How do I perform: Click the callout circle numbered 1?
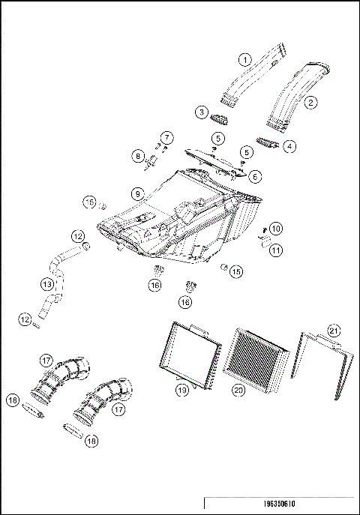[x=244, y=59]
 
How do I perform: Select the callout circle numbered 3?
[x=201, y=112]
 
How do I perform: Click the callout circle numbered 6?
[x=255, y=177]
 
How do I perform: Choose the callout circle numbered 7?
[x=166, y=137]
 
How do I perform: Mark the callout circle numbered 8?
[x=138, y=156]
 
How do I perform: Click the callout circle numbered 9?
[x=137, y=193]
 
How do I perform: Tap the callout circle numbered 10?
[x=276, y=228]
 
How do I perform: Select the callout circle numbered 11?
[x=276, y=250]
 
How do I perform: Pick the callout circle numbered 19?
[x=181, y=390]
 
